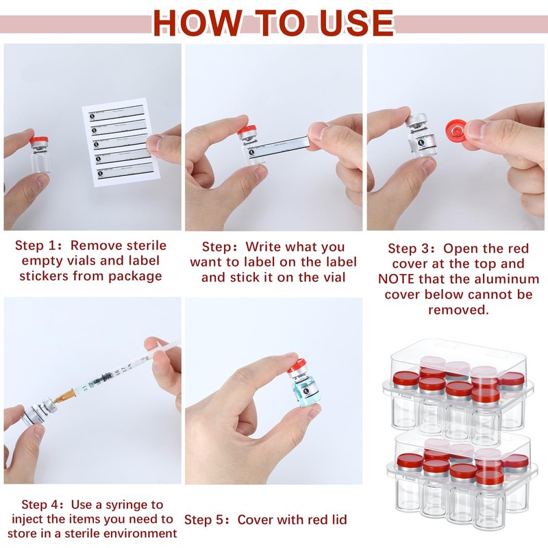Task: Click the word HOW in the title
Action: click(198, 23)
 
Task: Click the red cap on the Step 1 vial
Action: click(38, 141)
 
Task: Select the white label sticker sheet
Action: click(121, 142)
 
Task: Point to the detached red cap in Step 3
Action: click(456, 129)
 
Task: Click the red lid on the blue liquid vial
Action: click(297, 366)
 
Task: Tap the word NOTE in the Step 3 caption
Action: click(397, 279)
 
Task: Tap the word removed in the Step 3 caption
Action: click(458, 310)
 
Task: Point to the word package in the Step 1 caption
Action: click(135, 277)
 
